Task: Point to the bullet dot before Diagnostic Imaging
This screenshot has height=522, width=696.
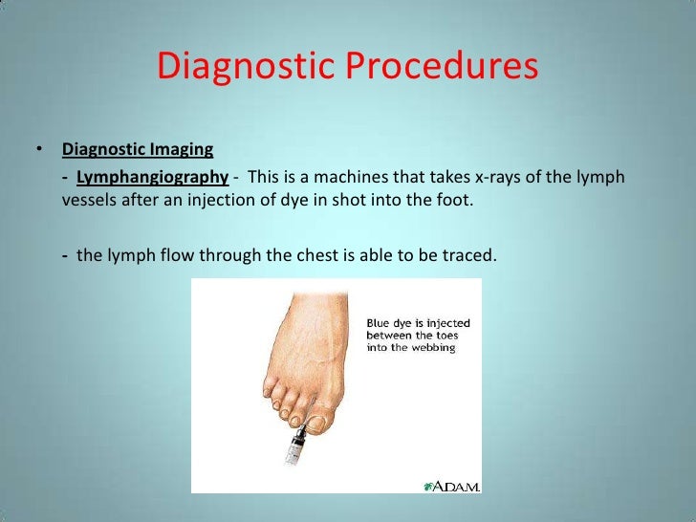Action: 39,150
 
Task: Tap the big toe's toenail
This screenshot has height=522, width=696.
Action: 316,412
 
